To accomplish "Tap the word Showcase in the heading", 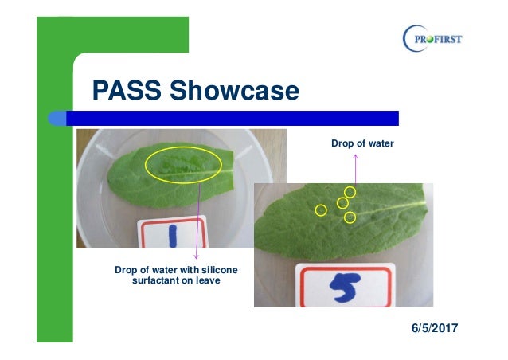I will pyautogui.click(x=232, y=91).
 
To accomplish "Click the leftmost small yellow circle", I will pyautogui.click(x=321, y=210).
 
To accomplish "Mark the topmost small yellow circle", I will pyautogui.click(x=350, y=192).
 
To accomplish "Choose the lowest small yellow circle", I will pyautogui.click(x=350, y=217).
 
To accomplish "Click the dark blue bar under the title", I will pyautogui.click(x=239, y=118).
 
